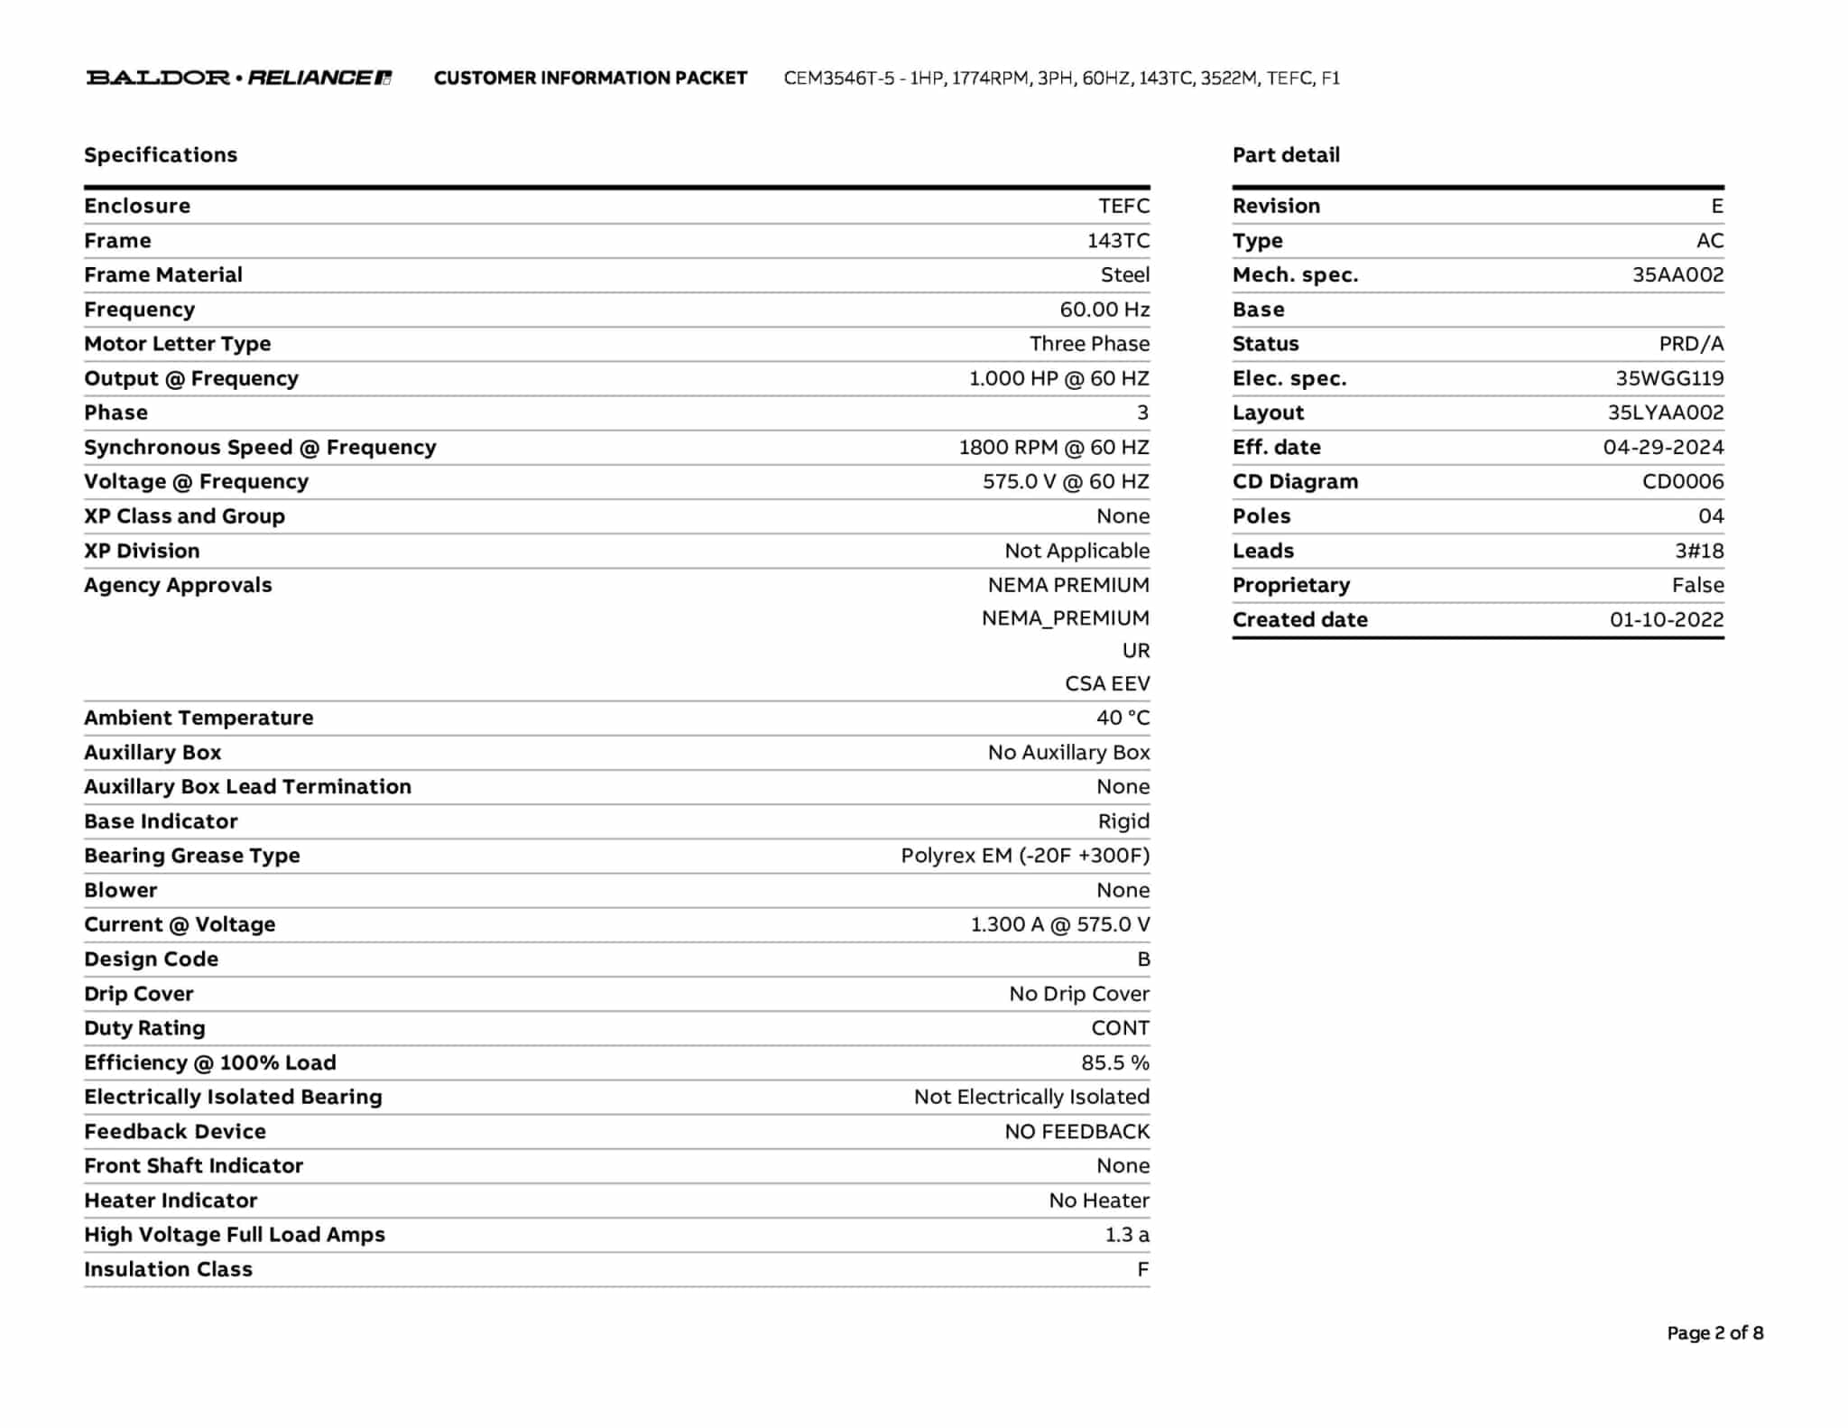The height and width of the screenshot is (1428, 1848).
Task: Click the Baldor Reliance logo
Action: click(238, 78)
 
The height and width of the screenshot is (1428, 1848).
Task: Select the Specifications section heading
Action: click(161, 155)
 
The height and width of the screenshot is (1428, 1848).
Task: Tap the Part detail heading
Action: click(1286, 155)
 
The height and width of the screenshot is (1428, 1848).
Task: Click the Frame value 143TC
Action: click(1118, 241)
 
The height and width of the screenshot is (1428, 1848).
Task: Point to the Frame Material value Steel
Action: click(1124, 275)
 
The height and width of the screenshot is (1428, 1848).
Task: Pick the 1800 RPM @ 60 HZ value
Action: click(1053, 448)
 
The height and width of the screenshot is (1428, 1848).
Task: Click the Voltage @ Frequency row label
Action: click(196, 482)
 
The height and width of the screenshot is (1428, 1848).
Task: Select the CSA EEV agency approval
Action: click(1106, 684)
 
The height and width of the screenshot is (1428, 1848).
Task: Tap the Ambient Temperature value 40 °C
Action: click(1123, 719)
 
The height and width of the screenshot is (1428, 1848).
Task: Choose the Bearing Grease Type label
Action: click(191, 856)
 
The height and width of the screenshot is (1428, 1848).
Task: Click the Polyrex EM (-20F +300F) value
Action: click(1024, 856)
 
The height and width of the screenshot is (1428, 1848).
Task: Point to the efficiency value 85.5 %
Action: click(1114, 1063)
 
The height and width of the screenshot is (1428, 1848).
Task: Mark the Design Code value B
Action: click(1143, 960)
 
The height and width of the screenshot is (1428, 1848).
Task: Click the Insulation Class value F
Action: click(1142, 1270)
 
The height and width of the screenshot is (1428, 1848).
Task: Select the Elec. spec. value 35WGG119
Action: click(1668, 379)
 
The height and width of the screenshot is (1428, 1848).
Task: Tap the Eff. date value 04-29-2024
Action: click(1662, 448)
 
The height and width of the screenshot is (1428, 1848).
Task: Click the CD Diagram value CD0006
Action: click(1682, 482)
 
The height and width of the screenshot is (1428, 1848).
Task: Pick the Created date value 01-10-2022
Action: click(1666, 620)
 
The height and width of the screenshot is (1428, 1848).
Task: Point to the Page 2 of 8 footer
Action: click(1714, 1333)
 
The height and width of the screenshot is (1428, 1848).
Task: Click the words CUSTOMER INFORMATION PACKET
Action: click(590, 79)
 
